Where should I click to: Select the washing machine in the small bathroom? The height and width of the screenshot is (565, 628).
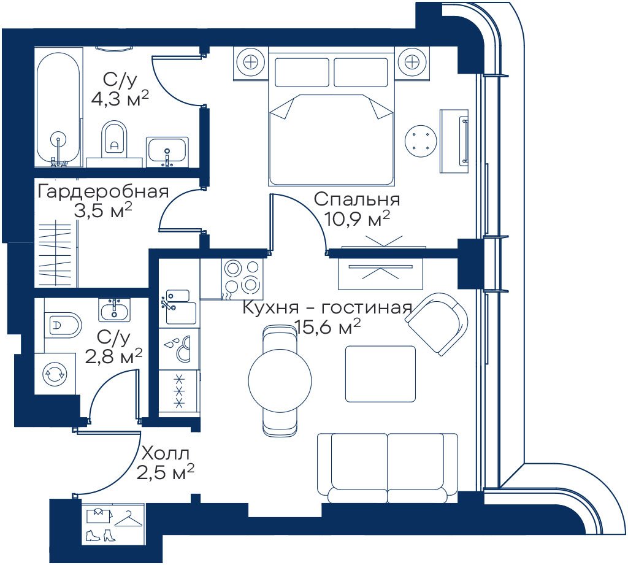point(55,374)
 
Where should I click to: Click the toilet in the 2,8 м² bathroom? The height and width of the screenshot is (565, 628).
point(63,324)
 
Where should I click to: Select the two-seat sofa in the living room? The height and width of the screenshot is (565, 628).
point(388,467)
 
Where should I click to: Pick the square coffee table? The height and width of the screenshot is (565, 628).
point(380,374)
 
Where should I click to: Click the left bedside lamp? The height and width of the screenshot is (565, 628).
point(251,62)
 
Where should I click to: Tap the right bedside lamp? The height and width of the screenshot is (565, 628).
point(412,62)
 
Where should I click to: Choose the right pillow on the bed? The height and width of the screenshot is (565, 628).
point(361,72)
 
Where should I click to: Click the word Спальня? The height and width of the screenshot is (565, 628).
point(357,199)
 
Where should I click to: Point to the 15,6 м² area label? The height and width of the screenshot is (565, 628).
point(327,328)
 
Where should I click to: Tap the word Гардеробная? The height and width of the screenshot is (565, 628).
point(103,192)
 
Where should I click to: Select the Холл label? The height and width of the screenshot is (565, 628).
point(166,455)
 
